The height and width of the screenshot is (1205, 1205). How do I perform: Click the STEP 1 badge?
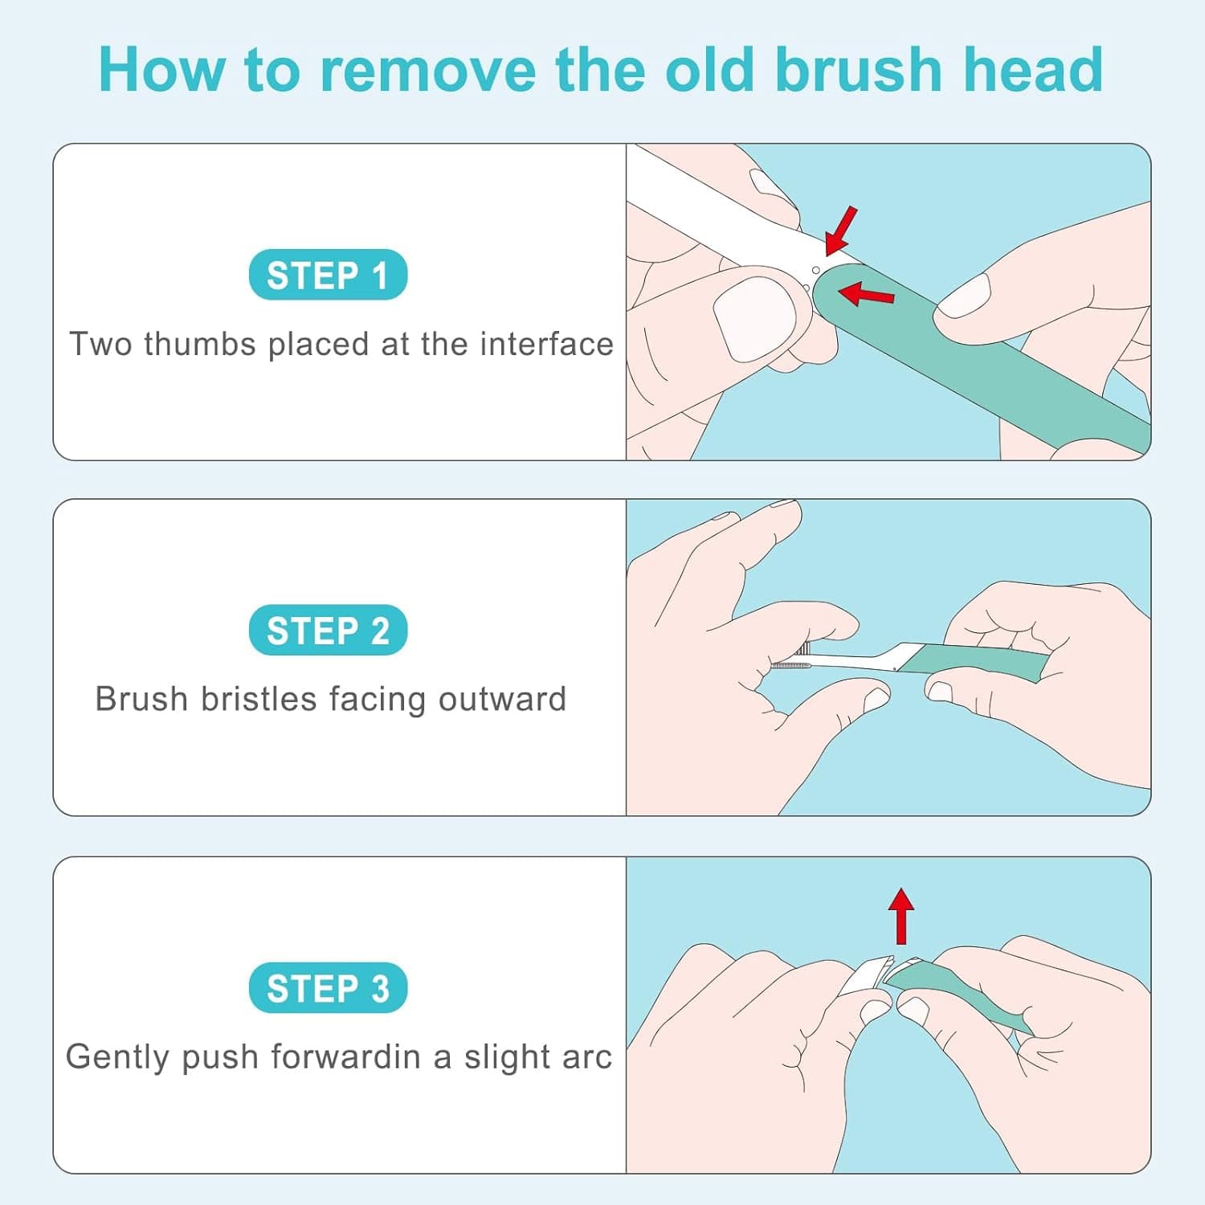(x=328, y=275)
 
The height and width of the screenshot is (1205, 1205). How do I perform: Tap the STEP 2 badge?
(x=328, y=630)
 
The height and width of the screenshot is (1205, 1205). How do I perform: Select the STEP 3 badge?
(x=328, y=987)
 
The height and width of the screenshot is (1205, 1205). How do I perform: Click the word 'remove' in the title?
(x=428, y=70)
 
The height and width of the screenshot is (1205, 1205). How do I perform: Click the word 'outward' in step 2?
(x=502, y=699)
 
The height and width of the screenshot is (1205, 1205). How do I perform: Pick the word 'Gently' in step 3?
(x=118, y=1057)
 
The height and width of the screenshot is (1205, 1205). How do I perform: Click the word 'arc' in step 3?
(x=587, y=1057)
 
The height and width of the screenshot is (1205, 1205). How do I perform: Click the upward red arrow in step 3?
(x=901, y=916)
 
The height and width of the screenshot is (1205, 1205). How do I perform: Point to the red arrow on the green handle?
(x=865, y=294)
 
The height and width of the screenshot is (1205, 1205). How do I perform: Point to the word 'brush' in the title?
(x=858, y=70)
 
